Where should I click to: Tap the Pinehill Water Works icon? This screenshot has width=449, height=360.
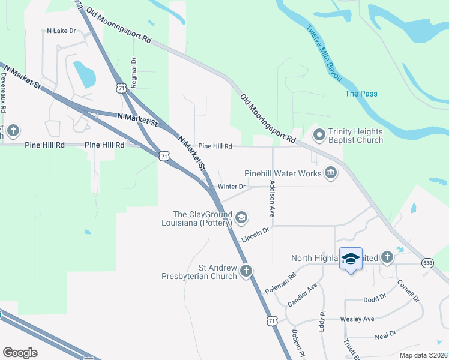[330, 173]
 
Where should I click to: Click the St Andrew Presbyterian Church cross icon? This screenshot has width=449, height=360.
[246, 271]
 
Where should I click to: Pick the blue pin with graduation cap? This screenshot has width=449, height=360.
[351, 259]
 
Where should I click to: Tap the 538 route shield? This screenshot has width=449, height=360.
[427, 263]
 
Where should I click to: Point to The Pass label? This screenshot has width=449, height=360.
[361, 94]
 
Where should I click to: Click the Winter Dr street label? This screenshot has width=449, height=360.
[232, 187]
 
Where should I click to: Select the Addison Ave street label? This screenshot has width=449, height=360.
[273, 198]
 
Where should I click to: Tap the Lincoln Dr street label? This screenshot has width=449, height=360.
[256, 233]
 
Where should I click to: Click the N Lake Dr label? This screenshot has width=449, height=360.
[62, 30]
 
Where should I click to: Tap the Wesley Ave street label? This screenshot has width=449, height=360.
[357, 319]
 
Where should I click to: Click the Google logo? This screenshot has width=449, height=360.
[20, 353]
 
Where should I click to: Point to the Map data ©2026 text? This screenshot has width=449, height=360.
[424, 355]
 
